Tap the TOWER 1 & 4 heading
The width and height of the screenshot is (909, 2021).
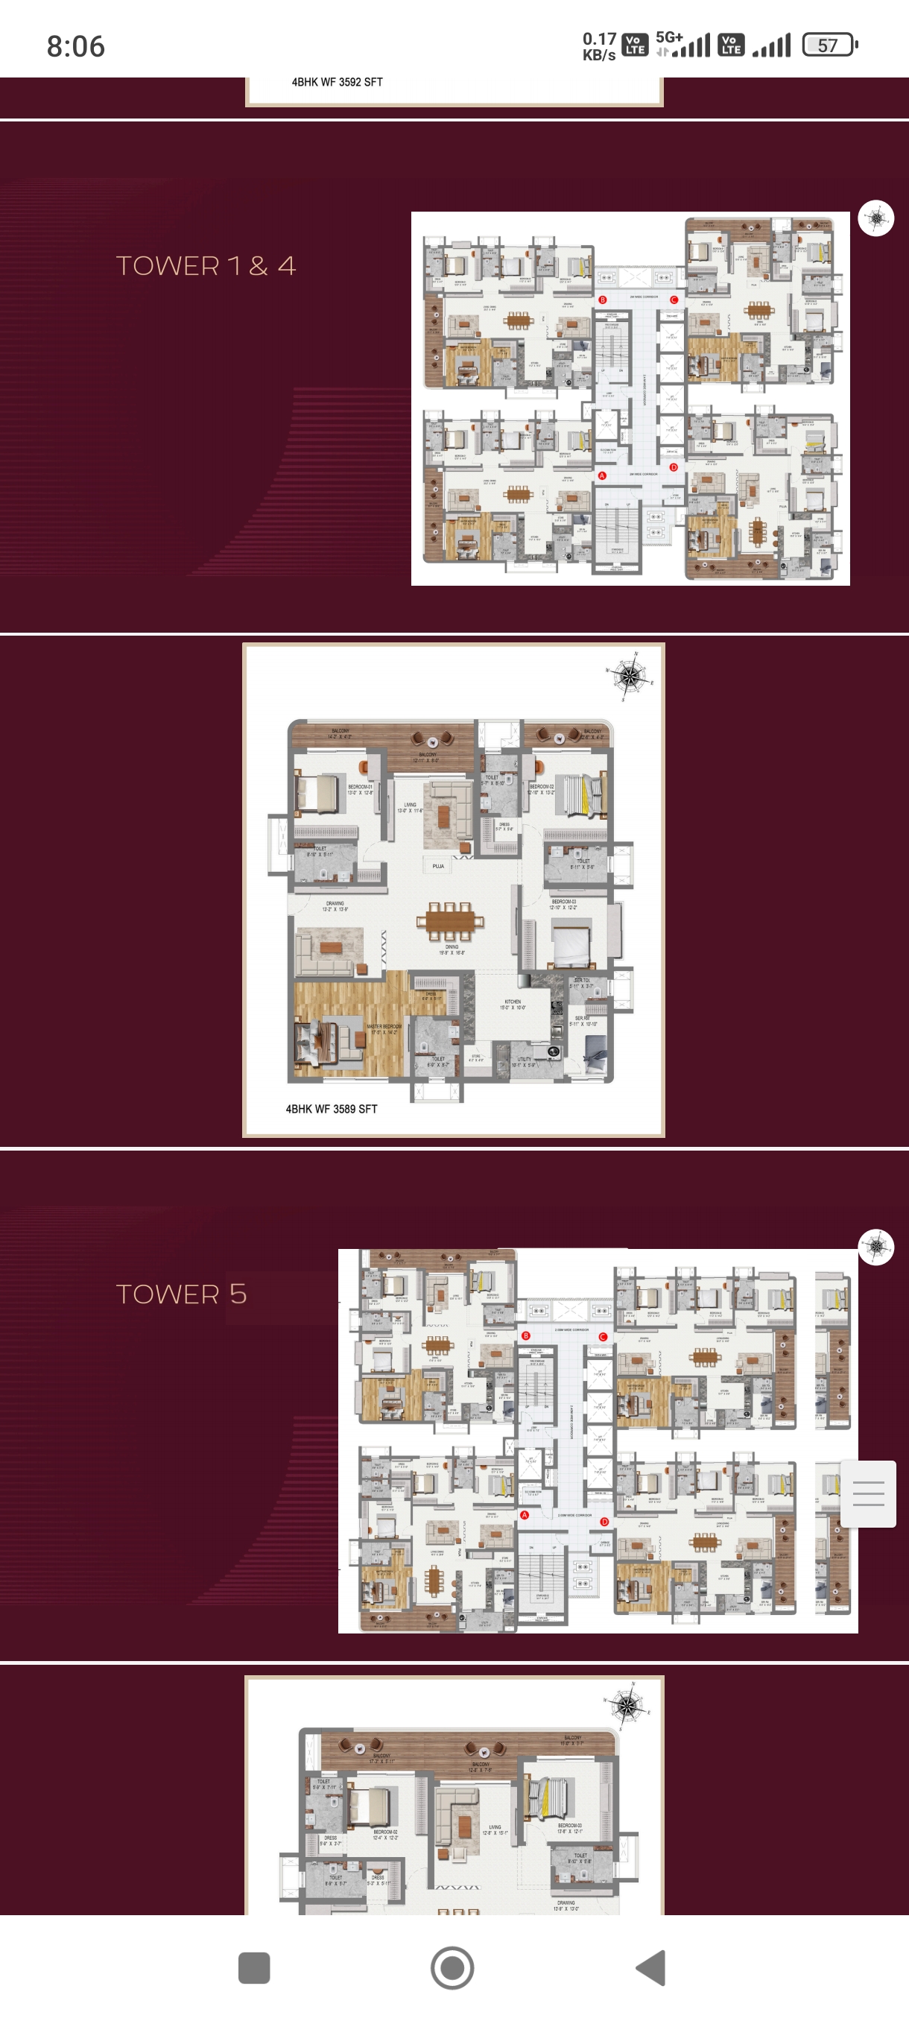[x=206, y=266]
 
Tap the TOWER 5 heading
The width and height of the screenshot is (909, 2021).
[x=181, y=1294]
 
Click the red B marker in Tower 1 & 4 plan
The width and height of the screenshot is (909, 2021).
[x=602, y=300]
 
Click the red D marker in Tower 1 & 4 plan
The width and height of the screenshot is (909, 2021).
[x=673, y=466]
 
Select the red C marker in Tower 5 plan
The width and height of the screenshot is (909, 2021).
[x=602, y=1336]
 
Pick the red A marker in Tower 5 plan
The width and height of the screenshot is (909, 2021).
[x=525, y=1515]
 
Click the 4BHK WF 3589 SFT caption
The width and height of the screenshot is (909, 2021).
[x=331, y=1109]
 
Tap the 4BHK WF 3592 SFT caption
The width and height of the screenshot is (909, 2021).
[x=338, y=81]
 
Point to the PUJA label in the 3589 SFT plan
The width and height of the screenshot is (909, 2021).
[x=437, y=866]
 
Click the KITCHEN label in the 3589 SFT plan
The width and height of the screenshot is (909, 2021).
[x=513, y=1002]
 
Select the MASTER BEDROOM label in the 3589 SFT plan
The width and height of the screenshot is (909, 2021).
[x=384, y=1027]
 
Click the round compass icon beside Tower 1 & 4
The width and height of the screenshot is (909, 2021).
[x=875, y=218]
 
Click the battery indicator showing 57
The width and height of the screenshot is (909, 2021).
[x=829, y=45]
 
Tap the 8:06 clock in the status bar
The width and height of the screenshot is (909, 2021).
[x=75, y=46]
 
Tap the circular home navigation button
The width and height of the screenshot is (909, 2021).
[x=452, y=1967]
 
